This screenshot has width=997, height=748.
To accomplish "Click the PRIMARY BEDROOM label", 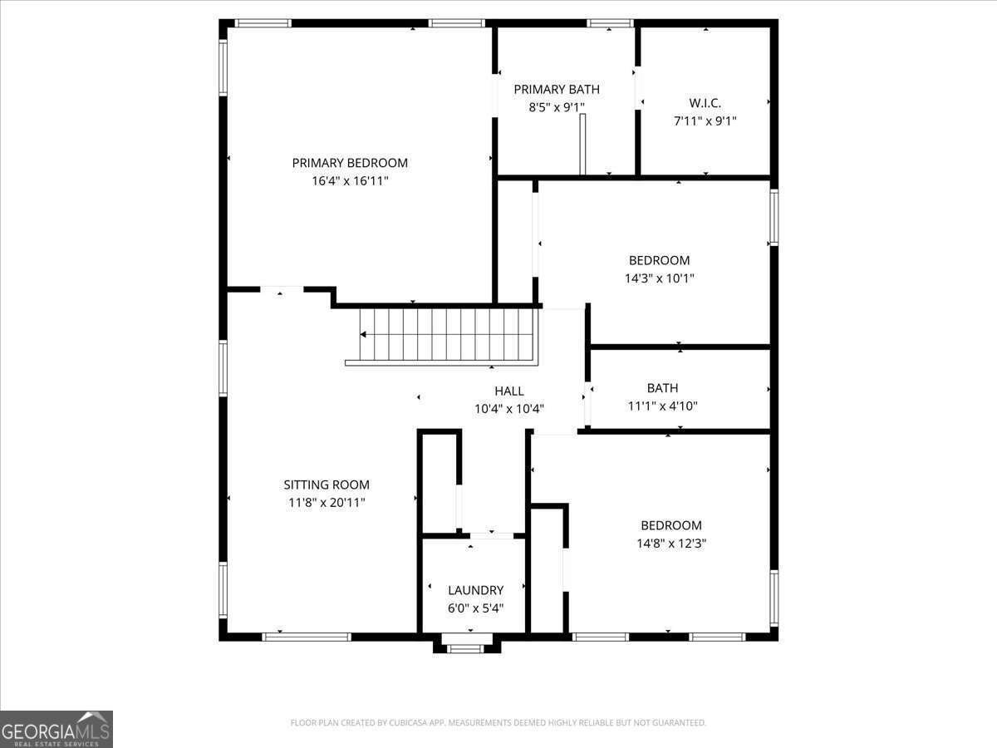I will click(x=350, y=163).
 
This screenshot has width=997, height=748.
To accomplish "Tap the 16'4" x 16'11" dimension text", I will click(x=350, y=180).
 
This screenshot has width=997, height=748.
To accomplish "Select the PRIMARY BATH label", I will click(x=556, y=90).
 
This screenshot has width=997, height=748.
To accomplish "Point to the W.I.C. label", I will click(x=705, y=103).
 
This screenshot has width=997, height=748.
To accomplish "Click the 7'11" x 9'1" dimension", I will click(x=705, y=121).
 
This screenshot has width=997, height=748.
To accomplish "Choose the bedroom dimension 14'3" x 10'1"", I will click(x=659, y=278).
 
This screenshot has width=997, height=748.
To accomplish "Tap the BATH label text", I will click(x=662, y=388).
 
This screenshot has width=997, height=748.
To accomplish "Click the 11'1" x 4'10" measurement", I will click(x=662, y=406).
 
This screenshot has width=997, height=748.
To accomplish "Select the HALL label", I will click(x=509, y=391).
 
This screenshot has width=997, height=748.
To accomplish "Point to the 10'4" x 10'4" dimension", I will click(x=509, y=409).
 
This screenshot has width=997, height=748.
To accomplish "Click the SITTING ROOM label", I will click(x=327, y=485).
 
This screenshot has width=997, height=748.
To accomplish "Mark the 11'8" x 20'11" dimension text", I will click(x=327, y=503).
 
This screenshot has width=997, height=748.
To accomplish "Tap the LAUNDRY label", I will click(x=475, y=590).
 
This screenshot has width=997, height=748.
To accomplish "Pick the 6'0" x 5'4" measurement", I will click(x=475, y=608).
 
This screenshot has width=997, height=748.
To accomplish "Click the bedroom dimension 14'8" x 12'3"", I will click(x=671, y=543).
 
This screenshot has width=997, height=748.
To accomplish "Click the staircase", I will click(x=444, y=335).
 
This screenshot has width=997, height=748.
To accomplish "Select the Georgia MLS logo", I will click(x=56, y=729).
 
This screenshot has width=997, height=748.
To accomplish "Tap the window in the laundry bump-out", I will click(x=465, y=648).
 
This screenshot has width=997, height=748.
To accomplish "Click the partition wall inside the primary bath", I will click(x=583, y=145).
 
